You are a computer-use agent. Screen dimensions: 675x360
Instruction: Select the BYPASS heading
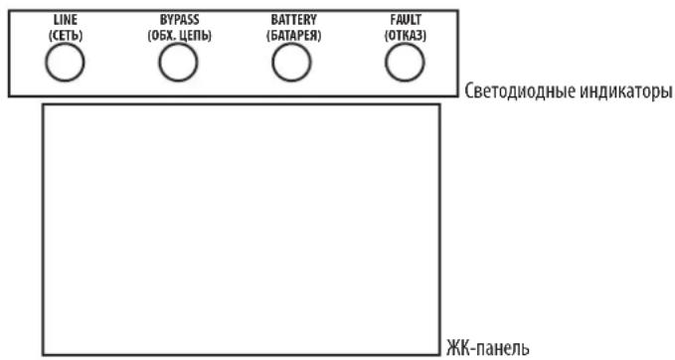click(x=179, y=20)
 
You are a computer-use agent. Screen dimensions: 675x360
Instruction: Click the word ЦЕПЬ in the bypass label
click(x=194, y=35)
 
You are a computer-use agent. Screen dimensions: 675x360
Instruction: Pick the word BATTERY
click(x=292, y=20)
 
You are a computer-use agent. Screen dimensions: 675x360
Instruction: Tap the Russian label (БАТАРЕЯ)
click(x=292, y=35)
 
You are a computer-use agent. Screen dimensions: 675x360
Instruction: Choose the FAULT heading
click(x=405, y=20)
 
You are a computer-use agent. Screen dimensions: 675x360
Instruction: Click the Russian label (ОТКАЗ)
click(x=405, y=35)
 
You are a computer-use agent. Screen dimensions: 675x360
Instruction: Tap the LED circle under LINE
click(x=63, y=63)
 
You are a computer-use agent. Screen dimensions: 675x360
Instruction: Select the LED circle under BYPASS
click(x=177, y=63)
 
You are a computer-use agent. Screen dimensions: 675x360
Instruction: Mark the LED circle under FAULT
click(x=403, y=63)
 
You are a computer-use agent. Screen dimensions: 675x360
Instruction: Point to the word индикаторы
click(x=624, y=92)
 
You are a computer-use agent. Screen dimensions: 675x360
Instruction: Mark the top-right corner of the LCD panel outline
click(x=439, y=102)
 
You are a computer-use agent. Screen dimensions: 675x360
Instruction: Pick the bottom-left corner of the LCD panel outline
click(x=43, y=353)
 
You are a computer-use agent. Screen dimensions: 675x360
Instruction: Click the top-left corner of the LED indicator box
click(x=8, y=9)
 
